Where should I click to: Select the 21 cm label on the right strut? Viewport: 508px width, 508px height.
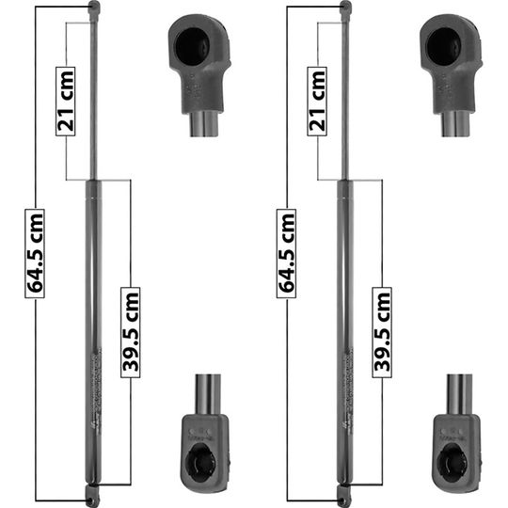tap(319, 101)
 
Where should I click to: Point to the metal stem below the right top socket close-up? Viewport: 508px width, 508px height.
tap(458, 122)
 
